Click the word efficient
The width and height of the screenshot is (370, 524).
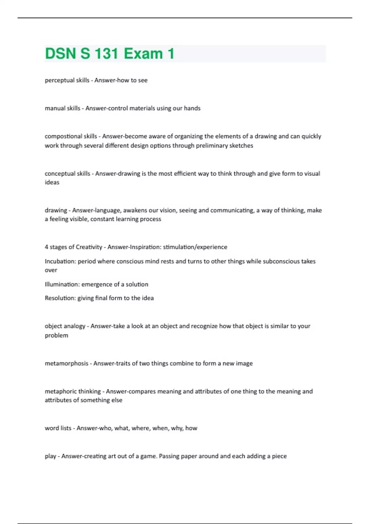tap(185, 174)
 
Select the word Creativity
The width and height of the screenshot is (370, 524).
tap(89, 247)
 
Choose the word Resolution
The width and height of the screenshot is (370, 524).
tap(60, 298)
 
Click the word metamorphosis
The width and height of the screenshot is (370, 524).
tap(66, 363)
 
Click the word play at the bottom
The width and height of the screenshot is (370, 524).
tap(51, 456)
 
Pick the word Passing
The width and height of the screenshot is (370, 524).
tap(169, 456)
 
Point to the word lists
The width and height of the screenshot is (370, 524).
tap(66, 428)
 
